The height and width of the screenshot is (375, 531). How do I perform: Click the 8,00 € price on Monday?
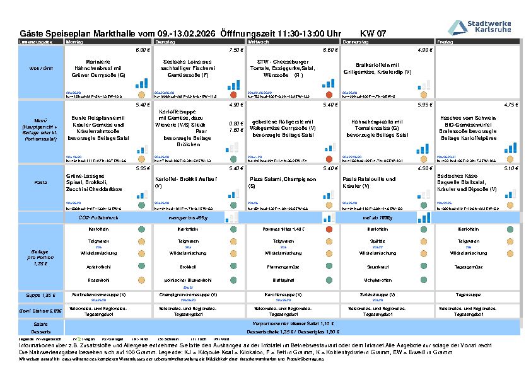point(143,49)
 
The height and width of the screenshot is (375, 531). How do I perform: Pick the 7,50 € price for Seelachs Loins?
point(236,49)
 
